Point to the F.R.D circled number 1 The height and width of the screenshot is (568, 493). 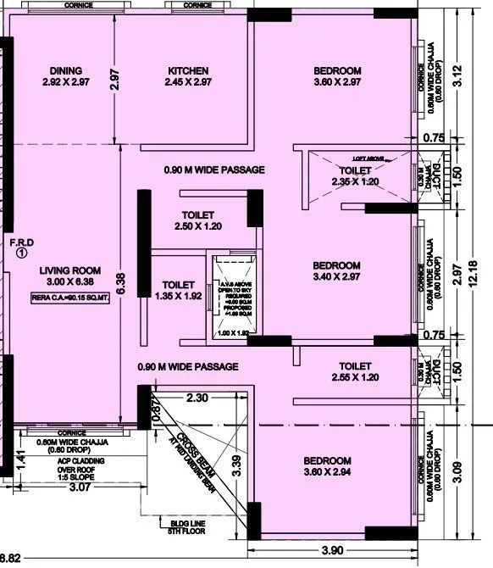click(x=22, y=252)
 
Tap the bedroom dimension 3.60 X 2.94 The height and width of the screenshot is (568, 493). click(x=337, y=473)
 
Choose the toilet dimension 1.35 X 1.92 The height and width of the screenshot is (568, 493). click(x=178, y=297)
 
